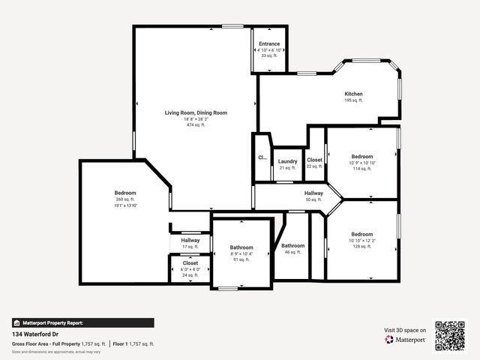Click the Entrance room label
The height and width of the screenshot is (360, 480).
tap(268, 43)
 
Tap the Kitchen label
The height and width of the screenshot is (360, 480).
tap(353, 94)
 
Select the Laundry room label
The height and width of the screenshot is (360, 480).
tap(288, 161)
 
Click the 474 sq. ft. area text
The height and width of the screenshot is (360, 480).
tap(196, 124)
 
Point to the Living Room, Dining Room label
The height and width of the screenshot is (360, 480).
tap(196, 112)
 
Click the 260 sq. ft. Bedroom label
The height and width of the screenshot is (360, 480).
tap(125, 193)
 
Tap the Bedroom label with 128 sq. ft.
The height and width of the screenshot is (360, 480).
tap(362, 233)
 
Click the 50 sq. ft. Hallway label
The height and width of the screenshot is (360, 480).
tap(313, 193)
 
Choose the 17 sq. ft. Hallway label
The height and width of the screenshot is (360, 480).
tap(190, 240)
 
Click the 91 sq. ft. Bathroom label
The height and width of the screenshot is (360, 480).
tap(241, 247)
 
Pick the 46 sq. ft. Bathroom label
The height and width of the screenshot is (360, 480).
tap(292, 246)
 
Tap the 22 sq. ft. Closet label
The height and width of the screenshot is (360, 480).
tap(314, 160)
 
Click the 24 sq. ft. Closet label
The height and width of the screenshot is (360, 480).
tap(190, 263)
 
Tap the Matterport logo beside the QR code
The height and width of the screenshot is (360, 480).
tap(406, 339)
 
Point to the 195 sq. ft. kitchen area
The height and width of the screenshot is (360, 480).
tap(353, 100)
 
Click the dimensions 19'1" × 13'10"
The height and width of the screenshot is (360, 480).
tap(125, 205)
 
